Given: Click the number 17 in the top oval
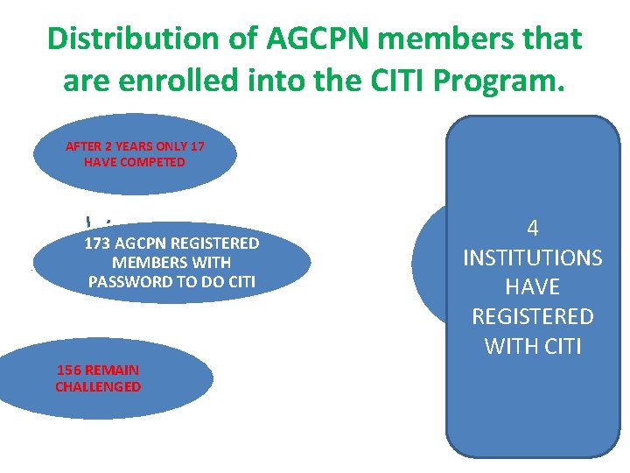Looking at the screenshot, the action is [x=197, y=146].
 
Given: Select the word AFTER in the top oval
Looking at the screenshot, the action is [x=85, y=146].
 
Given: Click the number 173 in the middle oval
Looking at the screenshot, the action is [x=97, y=243].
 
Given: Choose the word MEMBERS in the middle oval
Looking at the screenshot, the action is [x=148, y=262].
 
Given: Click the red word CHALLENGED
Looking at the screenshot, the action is [x=98, y=386].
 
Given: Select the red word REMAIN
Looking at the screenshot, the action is [x=111, y=371].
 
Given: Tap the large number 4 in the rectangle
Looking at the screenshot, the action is [x=532, y=229].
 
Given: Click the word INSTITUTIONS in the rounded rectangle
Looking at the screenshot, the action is [x=532, y=258].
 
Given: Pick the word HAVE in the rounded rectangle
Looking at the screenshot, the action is [x=532, y=287].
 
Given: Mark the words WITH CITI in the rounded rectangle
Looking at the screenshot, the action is [x=532, y=346].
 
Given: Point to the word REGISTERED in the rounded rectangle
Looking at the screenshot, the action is [x=532, y=316].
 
